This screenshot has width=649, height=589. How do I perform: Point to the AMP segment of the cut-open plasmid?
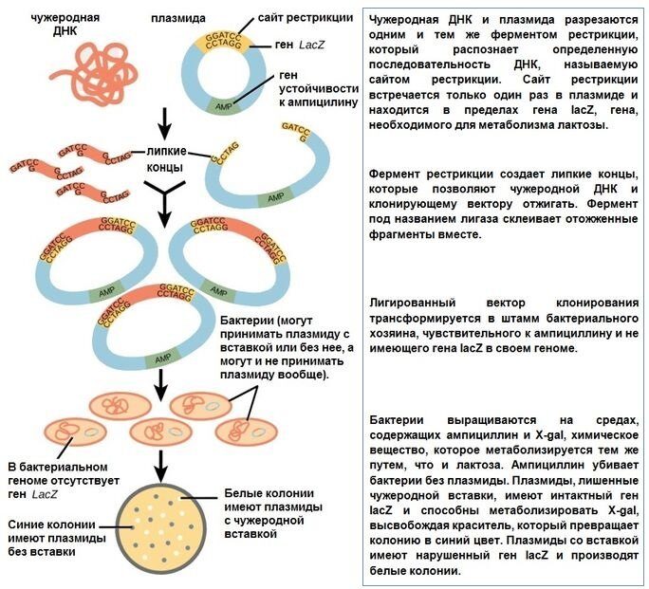click(274, 197)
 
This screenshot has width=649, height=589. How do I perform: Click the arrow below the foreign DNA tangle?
click(166, 120)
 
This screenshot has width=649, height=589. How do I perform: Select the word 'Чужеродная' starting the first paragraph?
click(410, 20)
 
